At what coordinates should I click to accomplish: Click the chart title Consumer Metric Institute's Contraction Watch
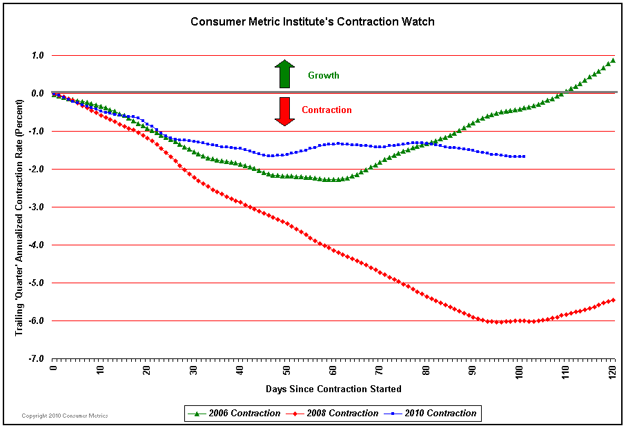[313, 21]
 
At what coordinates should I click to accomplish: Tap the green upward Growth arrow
[284, 74]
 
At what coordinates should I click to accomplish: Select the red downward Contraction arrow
[284, 111]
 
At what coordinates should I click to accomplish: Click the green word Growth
[323, 75]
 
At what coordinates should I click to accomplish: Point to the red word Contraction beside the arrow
[326, 110]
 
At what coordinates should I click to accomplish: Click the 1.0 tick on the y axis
[37, 55]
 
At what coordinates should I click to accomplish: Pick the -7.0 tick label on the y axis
[36, 358]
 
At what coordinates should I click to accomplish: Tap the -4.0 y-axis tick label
[36, 245]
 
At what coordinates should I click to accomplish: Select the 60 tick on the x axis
[333, 369]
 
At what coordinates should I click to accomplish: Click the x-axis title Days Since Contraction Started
[333, 389]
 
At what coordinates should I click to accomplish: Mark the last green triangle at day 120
[613, 61]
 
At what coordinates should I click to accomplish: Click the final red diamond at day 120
[613, 300]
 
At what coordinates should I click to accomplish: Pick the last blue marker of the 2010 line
[524, 156]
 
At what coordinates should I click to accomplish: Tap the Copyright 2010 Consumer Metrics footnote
[65, 416]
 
